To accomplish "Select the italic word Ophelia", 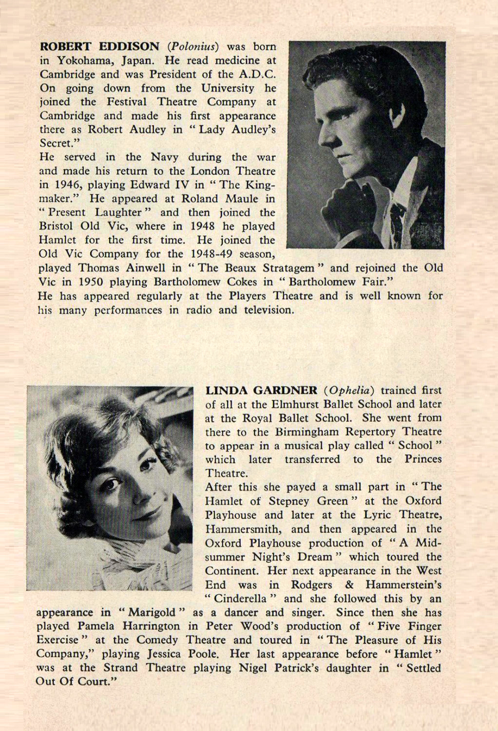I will click(350, 391).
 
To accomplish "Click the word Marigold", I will click(151, 613).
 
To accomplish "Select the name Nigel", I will click(254, 668).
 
